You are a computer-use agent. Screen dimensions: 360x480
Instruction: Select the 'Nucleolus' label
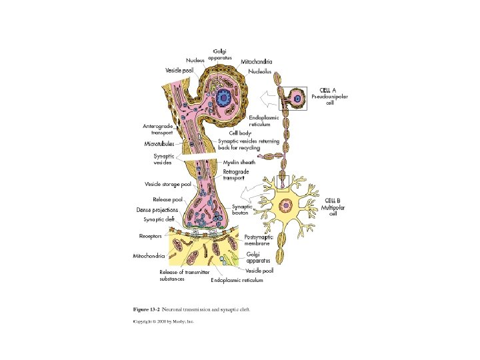[x=260, y=71]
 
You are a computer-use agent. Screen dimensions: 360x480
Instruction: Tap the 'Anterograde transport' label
[x=158, y=129]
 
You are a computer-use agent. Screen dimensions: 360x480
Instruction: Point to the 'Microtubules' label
[x=161, y=143]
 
